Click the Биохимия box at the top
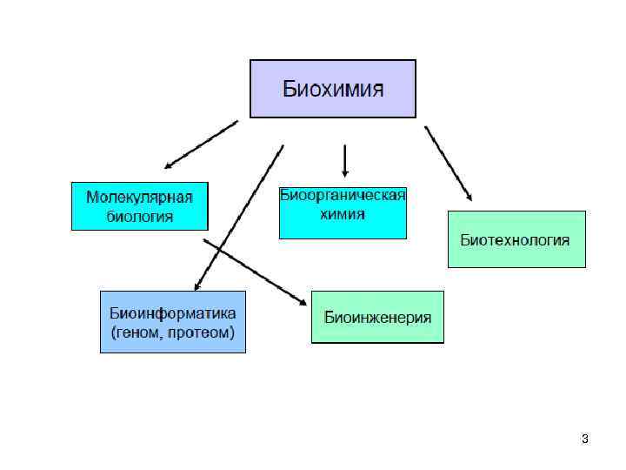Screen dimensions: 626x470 pos(333,89)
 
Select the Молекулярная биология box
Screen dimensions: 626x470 pos(139,206)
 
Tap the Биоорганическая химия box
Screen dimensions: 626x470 pos(343,212)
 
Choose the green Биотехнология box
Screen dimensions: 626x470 pos(516,238)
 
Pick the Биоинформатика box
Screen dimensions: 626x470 pos(173,321)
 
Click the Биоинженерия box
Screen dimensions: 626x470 pos(377,317)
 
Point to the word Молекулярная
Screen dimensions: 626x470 pos(139,197)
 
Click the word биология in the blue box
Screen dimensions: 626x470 pos(139,217)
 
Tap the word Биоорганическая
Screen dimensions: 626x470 pos(343,195)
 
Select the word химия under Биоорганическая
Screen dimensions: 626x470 pos(343,213)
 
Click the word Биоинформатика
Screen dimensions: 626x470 pos(173,312)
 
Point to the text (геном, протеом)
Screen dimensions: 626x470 pos(173,332)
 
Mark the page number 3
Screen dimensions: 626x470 pos(585,439)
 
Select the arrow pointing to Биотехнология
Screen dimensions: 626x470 pos(448,164)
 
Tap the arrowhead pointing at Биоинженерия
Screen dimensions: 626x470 pos(303,301)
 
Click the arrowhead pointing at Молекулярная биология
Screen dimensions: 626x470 pos(169,164)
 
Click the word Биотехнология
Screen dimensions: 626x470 pos(516,239)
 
